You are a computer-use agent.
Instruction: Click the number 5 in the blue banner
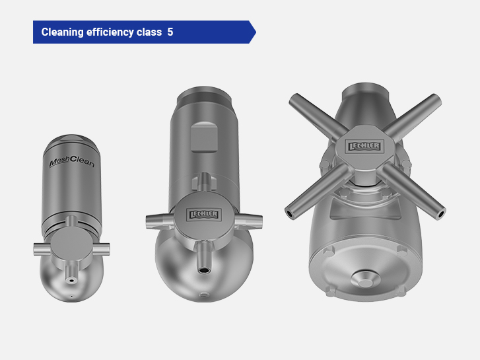tap(170, 32)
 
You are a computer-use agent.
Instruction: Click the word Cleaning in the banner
tap(63, 32)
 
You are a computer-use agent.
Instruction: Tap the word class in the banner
tap(149, 32)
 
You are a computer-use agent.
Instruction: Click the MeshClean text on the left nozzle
tap(72, 162)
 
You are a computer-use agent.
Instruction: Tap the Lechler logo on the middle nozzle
tap(203, 214)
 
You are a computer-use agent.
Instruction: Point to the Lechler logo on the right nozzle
tap(364, 147)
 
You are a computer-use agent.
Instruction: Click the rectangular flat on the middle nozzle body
tap(204, 137)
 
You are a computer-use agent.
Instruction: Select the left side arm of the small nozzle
tap(42, 249)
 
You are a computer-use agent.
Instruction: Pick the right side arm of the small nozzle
tap(101, 249)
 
